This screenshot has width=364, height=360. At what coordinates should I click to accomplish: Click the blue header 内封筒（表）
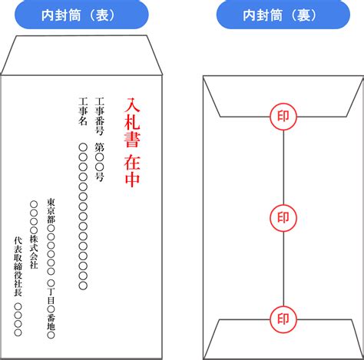pos(81,15)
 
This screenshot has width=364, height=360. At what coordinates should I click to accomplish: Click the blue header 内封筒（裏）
pos(283,15)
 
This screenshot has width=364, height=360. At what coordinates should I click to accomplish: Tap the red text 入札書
pos(132,123)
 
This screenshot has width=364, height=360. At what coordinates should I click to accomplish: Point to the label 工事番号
pos(99,117)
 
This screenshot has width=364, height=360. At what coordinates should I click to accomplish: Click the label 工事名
pos(83,111)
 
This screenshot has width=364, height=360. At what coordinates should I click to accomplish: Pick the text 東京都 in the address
pos(51,211)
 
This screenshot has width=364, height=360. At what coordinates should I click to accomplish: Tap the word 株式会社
pos(34,252)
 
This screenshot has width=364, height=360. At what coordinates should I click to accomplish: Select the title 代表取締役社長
pos(18,266)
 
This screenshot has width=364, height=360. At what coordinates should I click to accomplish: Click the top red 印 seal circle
pos(283,117)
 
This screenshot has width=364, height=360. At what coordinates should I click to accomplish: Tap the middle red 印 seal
pos(283,218)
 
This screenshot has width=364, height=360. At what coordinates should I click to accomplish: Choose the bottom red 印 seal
pos(283,319)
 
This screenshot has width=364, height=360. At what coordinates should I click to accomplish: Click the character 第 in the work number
pos(99,147)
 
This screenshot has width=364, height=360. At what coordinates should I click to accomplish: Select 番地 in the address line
pos(51,322)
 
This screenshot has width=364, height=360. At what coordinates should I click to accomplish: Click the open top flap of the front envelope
pos(81,55)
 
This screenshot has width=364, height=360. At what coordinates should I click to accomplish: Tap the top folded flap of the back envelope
pos(283,97)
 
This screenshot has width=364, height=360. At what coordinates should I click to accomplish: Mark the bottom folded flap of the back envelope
pos(283,339)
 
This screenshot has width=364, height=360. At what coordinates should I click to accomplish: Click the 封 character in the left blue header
pos(61,15)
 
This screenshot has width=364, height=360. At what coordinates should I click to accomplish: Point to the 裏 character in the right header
pos(303,15)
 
